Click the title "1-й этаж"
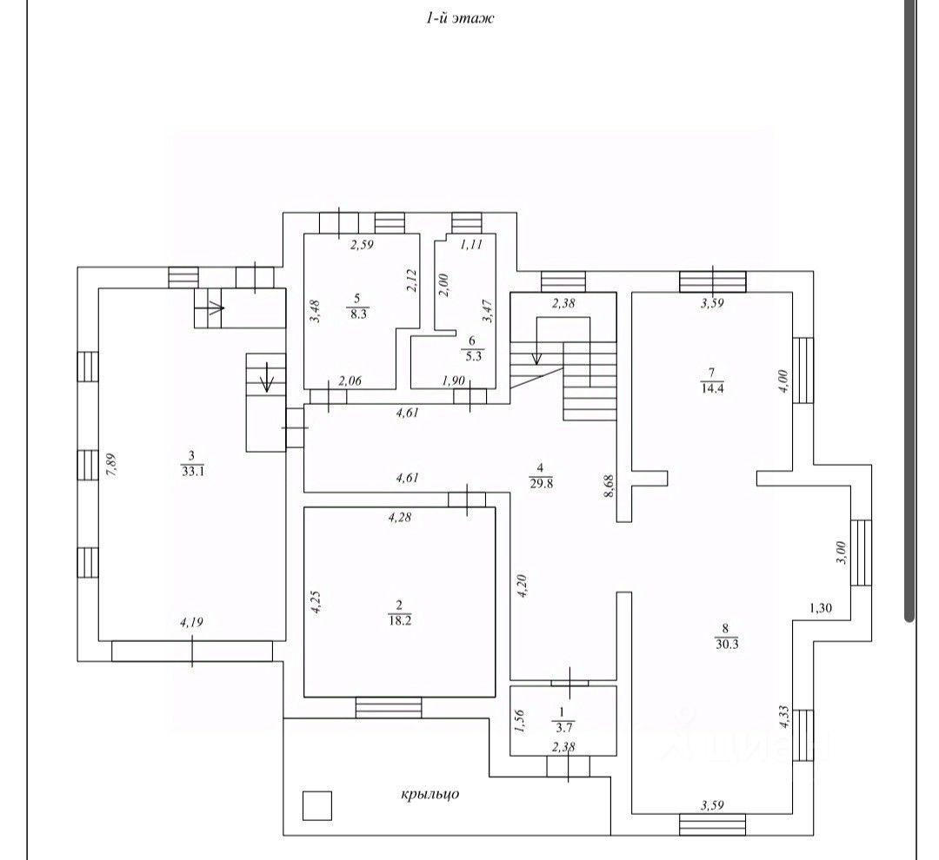pyautogui.click(x=459, y=17)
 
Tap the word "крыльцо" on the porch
pyautogui.click(x=430, y=793)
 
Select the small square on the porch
pyautogui.click(x=317, y=806)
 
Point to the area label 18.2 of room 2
pyautogui.click(x=400, y=619)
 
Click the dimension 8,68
pyautogui.click(x=610, y=481)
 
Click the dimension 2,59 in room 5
pyautogui.click(x=362, y=246)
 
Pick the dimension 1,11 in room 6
pyautogui.click(x=469, y=245)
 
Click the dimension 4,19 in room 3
pyautogui.click(x=192, y=622)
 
